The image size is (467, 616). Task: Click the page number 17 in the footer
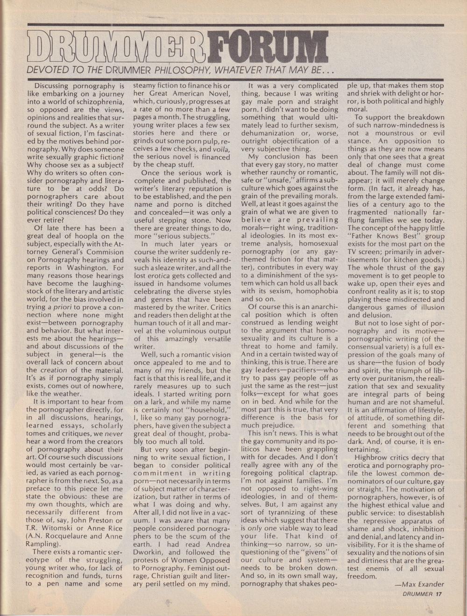(438, 594)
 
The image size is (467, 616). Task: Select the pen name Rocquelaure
(75, 529)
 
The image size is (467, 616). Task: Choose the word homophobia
(316, 291)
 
